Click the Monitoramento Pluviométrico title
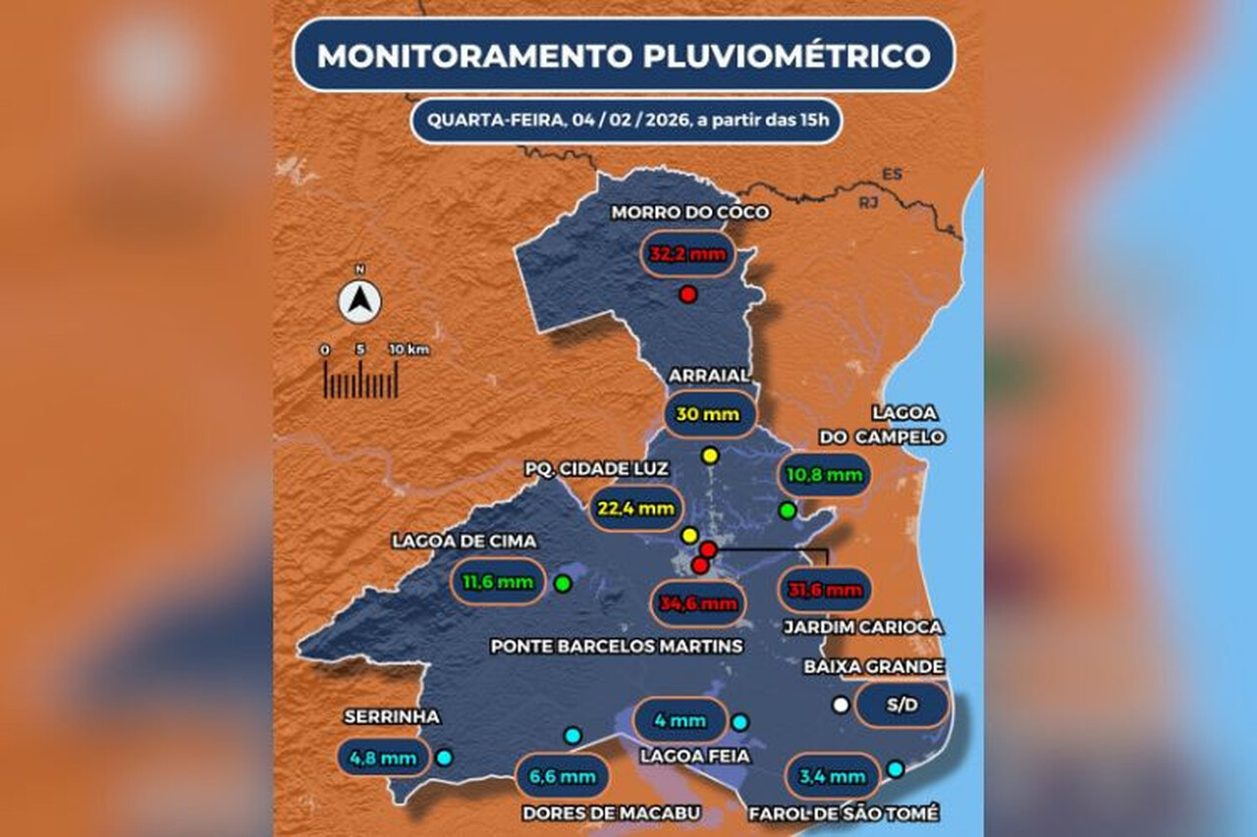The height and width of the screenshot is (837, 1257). [x=624, y=55]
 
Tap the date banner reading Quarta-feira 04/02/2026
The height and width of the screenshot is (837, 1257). [x=626, y=121]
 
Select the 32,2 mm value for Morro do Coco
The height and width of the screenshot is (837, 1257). [x=687, y=254]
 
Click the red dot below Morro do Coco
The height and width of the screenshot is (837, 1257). [x=688, y=294]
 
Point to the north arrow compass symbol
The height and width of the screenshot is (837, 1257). [x=360, y=301]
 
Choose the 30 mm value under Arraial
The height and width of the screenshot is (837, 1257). [x=708, y=414]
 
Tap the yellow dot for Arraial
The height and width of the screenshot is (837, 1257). [x=710, y=455]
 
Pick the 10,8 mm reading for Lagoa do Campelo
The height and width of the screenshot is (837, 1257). [x=824, y=476]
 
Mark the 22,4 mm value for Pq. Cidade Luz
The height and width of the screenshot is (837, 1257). [x=636, y=507]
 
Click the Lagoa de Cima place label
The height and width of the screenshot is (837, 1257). [x=451, y=541]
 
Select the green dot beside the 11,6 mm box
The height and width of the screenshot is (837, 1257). [x=563, y=584]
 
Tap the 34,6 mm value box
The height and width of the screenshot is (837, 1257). [x=698, y=603]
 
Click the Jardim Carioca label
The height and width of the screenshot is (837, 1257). [x=863, y=626]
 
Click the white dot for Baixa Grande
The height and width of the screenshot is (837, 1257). [x=840, y=705]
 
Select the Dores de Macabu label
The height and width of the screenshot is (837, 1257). [x=611, y=812]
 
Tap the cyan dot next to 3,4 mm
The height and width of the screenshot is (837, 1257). [x=895, y=769]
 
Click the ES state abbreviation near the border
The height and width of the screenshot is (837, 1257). [x=892, y=175]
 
